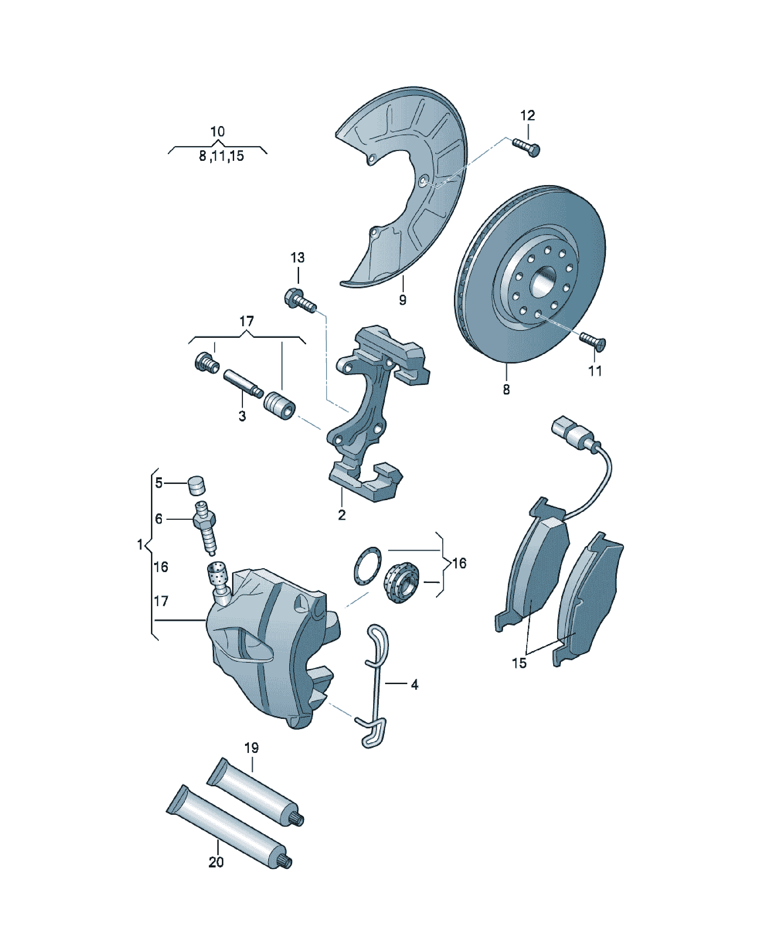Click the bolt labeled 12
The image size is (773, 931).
(x=526, y=147)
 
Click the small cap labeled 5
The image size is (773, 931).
(x=197, y=485)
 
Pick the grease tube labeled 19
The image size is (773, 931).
(x=256, y=798)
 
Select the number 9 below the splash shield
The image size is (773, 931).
(x=402, y=300)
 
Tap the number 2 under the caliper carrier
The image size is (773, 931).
(x=342, y=515)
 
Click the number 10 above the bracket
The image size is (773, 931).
(x=218, y=131)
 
